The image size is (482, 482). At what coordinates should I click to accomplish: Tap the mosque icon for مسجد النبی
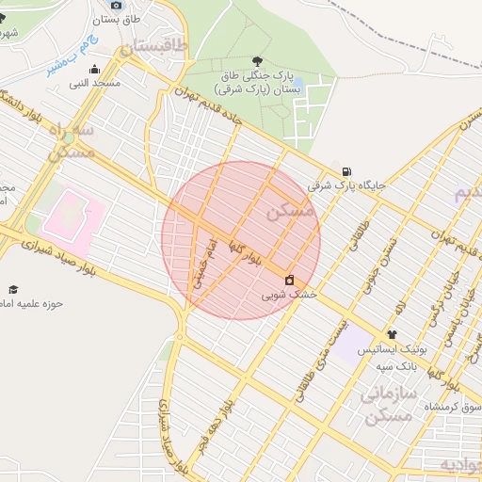point(94,69)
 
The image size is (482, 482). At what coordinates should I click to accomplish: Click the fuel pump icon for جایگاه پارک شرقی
point(348,170)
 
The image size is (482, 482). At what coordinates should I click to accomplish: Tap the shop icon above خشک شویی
point(289,280)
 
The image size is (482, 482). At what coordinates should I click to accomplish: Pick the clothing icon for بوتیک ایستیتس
point(392,334)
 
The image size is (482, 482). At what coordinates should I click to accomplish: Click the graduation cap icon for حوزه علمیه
point(13,289)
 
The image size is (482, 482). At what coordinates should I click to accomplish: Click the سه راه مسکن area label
point(70,140)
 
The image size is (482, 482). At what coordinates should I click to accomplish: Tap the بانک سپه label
point(397,364)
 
